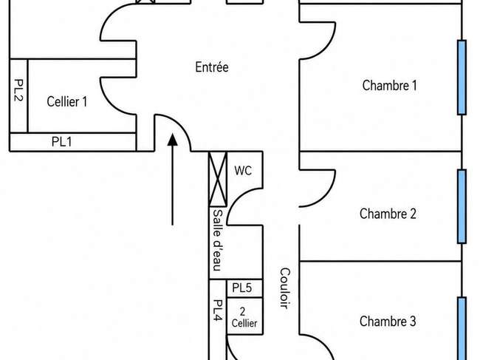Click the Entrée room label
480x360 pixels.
click(x=212, y=67)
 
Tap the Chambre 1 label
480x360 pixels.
click(x=389, y=85)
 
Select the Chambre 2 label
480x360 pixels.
click(x=388, y=214)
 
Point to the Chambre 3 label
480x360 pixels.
click(x=388, y=322)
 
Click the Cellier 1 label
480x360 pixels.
click(x=67, y=101)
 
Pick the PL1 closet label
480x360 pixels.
click(x=61, y=142)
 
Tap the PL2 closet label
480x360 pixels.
click(x=19, y=90)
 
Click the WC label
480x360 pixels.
click(x=243, y=171)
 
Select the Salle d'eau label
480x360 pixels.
click(x=217, y=240)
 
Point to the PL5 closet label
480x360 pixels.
click(x=241, y=288)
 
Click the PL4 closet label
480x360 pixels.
click(x=217, y=310)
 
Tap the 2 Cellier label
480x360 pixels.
click(x=244, y=317)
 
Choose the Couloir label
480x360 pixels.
click(x=285, y=288)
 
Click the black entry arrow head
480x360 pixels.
click(x=173, y=139)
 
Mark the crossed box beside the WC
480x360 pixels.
click(x=218, y=179)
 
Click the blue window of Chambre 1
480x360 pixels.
click(x=462, y=77)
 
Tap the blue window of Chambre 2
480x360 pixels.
click(x=462, y=206)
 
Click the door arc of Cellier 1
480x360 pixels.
click(x=109, y=103)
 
